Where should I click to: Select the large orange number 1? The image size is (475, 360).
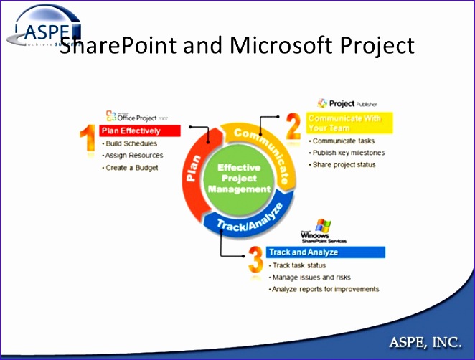click(x=87, y=138)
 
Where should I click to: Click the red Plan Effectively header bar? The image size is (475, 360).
click(x=139, y=131)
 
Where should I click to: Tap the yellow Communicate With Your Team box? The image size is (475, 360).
click(x=349, y=123)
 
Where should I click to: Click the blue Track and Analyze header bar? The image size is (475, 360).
click(x=326, y=252)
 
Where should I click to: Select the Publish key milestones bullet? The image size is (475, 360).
click(x=348, y=153)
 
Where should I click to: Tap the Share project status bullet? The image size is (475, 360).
click(x=344, y=164)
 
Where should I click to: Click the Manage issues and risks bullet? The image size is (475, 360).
click(x=310, y=277)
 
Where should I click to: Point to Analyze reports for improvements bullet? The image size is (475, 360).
click(x=324, y=289)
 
